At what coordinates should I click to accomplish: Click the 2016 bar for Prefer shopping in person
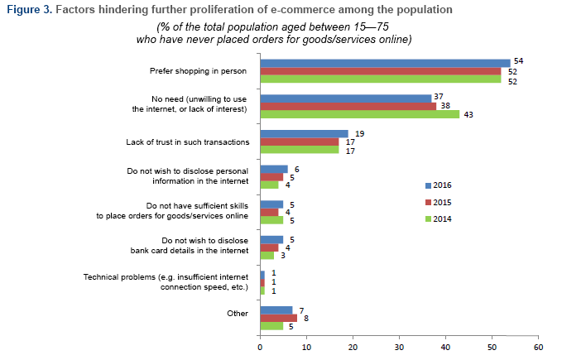point(385,63)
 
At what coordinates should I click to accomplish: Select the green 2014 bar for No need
point(359,114)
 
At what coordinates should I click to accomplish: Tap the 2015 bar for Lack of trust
point(300,142)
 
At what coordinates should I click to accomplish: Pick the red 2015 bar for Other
point(278,317)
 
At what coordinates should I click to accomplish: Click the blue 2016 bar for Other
point(276,309)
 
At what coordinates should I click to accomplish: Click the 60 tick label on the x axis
point(539,348)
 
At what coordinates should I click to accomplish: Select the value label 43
point(468,114)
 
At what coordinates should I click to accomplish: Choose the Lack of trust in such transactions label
point(189,142)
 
